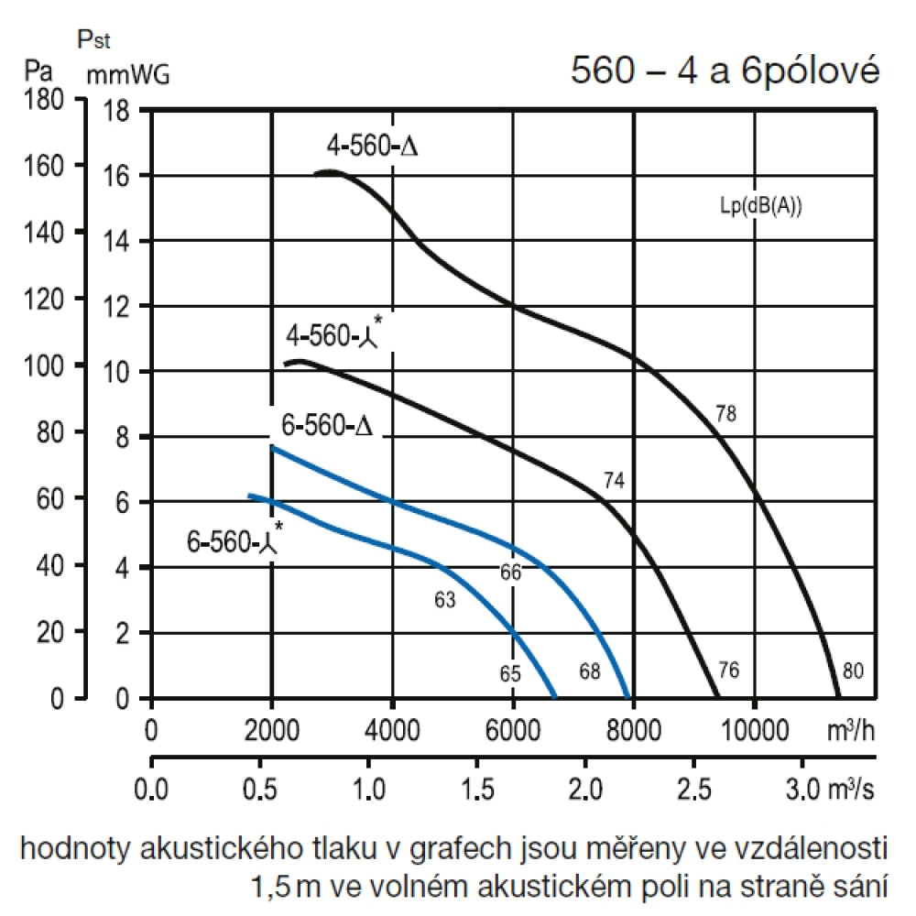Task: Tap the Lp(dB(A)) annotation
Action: pyautogui.click(x=760, y=206)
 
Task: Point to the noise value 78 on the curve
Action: pyautogui.click(x=725, y=414)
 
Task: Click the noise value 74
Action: pyautogui.click(x=614, y=480)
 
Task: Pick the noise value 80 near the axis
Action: pyautogui.click(x=853, y=671)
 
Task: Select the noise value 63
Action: pyautogui.click(x=444, y=601)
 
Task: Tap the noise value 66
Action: pyautogui.click(x=510, y=573)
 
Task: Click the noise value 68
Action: pyautogui.click(x=589, y=671)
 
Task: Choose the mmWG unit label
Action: pyautogui.click(x=128, y=75)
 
